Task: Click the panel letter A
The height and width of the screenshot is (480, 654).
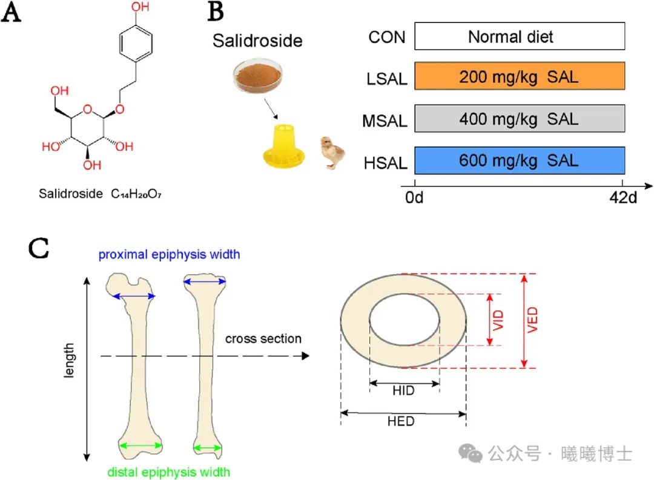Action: tap(14, 14)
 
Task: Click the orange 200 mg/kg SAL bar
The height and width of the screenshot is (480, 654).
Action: tap(519, 77)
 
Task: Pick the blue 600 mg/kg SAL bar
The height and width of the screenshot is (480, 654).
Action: tap(519, 161)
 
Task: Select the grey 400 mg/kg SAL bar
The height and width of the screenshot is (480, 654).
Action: tap(519, 119)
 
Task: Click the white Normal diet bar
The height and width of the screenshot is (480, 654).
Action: tap(519, 36)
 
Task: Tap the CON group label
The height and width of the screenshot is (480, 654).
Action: tap(387, 37)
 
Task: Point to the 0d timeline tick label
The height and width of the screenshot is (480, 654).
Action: tap(415, 198)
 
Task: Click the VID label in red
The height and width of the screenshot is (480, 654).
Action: tap(499, 320)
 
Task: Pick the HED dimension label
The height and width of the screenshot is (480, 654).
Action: tap(401, 421)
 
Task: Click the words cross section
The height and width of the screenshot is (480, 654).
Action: tap(263, 338)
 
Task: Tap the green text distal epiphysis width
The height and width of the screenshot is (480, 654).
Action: tap(169, 470)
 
